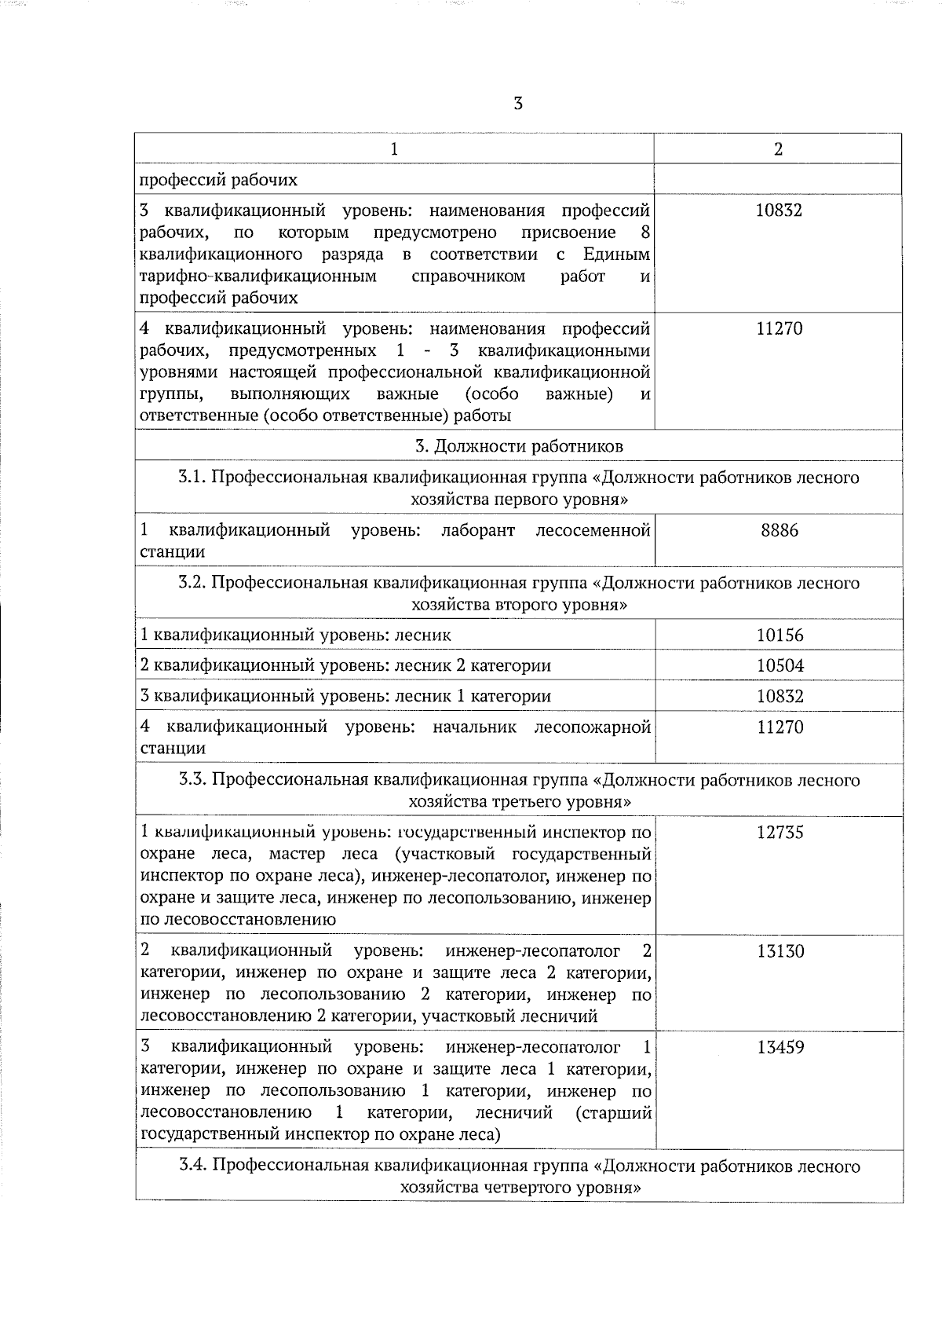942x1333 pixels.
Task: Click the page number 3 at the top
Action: click(517, 104)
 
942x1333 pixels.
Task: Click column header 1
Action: click(394, 149)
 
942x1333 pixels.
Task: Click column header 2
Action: click(778, 149)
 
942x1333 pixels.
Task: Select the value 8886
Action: click(779, 531)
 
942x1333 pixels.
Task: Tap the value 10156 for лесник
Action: click(780, 635)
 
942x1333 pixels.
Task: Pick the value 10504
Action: click(780, 666)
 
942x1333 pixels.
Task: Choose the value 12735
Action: click(780, 833)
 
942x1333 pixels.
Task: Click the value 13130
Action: click(780, 952)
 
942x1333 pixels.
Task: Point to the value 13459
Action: click(780, 1048)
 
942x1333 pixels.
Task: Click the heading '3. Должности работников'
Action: click(519, 446)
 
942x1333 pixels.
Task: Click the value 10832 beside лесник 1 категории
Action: click(780, 697)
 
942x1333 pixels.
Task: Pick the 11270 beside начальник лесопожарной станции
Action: click(780, 727)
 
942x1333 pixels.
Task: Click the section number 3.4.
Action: click(192, 1166)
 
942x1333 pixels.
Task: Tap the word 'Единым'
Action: click(616, 255)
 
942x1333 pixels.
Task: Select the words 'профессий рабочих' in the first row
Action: click(218, 180)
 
